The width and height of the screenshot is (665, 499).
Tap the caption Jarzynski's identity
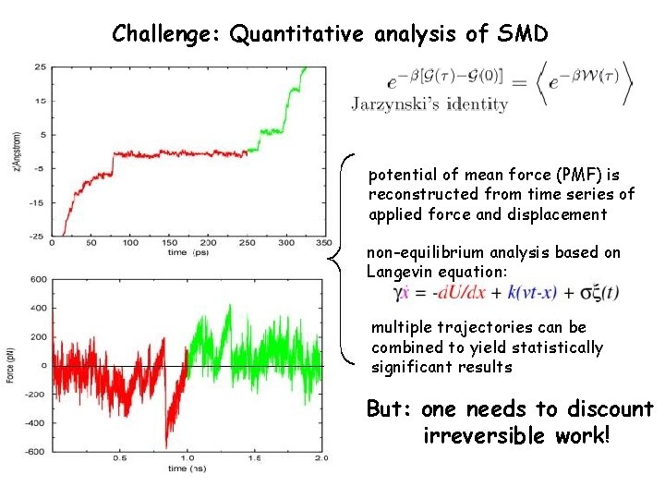tap(429, 103)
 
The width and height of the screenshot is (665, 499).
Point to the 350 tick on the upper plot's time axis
tap(323, 243)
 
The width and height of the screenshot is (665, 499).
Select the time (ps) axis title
tap(190, 251)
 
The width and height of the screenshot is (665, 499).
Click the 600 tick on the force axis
tap(39, 279)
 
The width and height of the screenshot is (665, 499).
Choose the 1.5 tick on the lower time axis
tap(256, 458)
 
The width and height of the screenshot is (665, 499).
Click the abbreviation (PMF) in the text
tap(553, 174)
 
